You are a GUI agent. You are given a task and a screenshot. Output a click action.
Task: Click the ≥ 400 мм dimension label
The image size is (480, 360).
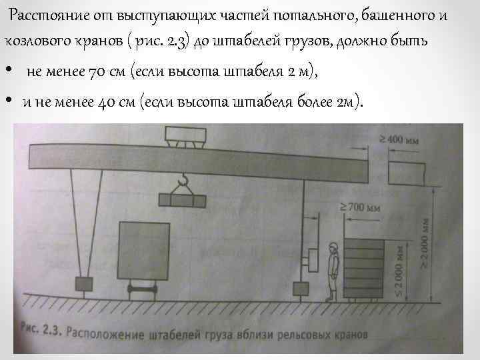[401, 141]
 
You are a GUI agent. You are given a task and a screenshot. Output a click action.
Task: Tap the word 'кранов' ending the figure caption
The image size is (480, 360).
[333, 329]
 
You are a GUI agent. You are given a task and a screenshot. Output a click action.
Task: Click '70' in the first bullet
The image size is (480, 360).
[97, 72]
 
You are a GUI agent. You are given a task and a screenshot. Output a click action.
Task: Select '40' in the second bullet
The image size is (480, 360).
[110, 102]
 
